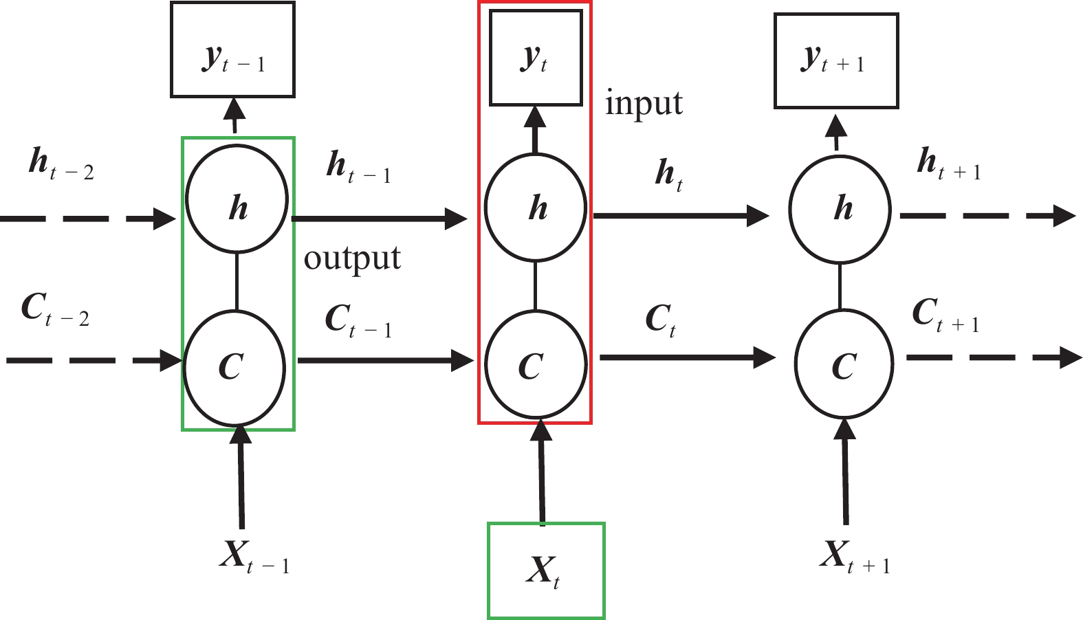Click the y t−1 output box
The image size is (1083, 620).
click(x=232, y=49)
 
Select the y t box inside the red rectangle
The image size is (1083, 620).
click(x=536, y=58)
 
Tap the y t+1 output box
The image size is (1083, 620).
click(x=836, y=60)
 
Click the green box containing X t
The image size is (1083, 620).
click(x=546, y=571)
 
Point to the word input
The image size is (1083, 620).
click(x=644, y=104)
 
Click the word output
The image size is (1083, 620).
click(x=352, y=259)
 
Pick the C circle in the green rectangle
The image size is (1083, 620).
click(x=234, y=366)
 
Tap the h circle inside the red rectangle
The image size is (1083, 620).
click(x=536, y=207)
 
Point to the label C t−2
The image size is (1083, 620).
click(x=55, y=309)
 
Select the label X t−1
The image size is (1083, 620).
click(x=254, y=555)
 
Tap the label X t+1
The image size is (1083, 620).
click(x=855, y=555)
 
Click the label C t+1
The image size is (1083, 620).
click(x=945, y=314)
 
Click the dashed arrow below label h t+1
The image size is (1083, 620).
click(x=987, y=216)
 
